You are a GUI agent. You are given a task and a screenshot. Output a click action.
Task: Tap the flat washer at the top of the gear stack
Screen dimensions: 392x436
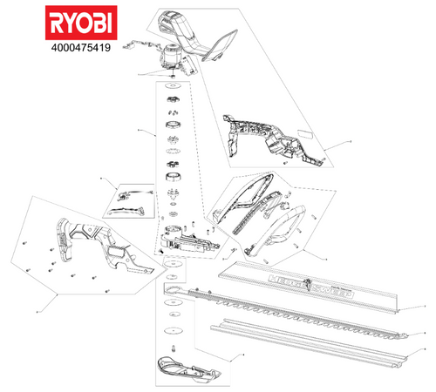(172, 90)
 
